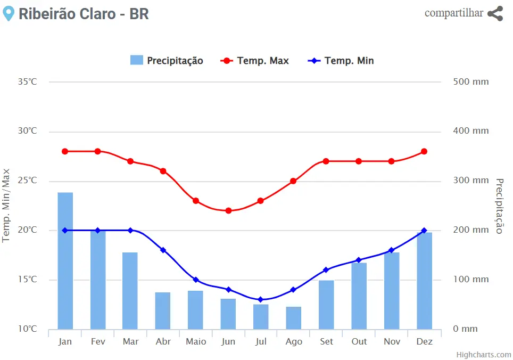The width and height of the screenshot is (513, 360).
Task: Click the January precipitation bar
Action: (65, 260)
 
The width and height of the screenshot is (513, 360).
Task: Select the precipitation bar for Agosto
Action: (293, 318)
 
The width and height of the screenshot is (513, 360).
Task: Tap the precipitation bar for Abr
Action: (163, 310)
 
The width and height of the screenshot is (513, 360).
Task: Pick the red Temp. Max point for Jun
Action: (228, 210)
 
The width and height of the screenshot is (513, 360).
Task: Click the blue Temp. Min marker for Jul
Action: (261, 299)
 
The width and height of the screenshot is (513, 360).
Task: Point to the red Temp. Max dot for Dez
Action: (424, 151)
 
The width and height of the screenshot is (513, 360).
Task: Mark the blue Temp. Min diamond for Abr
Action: (163, 250)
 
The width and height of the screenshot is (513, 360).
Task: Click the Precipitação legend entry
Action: (167, 61)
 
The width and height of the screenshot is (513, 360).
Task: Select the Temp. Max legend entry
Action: (255, 61)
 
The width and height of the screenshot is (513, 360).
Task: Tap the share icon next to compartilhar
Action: (495, 14)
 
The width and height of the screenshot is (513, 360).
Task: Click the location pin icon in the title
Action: (8, 14)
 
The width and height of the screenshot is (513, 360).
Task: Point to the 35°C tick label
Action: (28, 82)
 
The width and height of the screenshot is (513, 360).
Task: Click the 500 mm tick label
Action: (470, 82)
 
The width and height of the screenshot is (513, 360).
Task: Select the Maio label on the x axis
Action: (196, 341)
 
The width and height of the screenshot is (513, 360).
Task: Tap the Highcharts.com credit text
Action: (483, 355)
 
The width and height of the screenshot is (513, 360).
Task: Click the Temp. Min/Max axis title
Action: (6, 205)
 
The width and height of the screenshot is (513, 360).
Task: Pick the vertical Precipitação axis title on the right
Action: (499, 206)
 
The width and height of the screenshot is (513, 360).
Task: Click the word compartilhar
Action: (453, 13)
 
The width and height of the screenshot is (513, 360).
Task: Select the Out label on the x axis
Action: (359, 341)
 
